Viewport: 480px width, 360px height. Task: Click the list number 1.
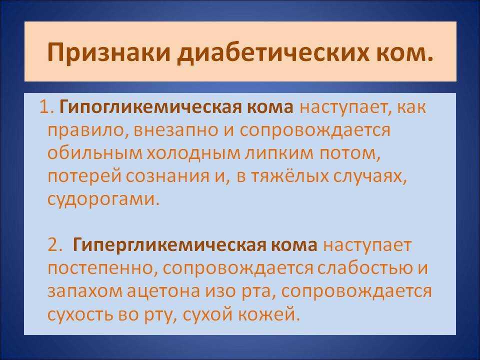click(x=45, y=107)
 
